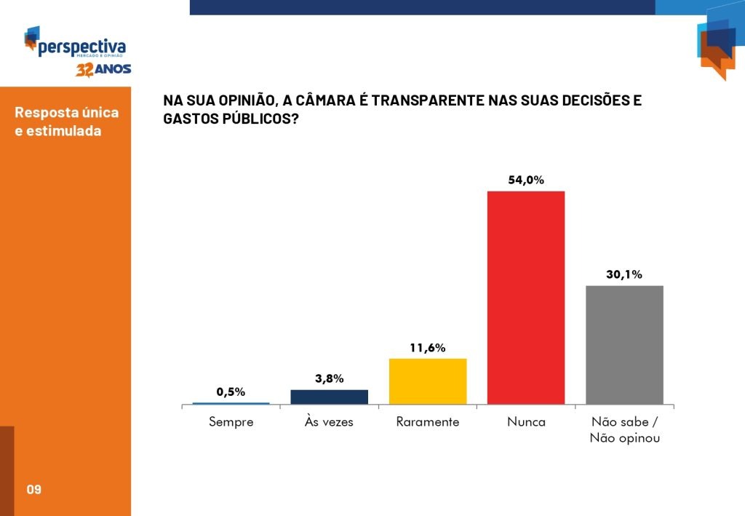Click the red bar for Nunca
pos(526,298)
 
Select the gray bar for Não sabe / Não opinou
pos(624,345)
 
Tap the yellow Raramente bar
pos(428,381)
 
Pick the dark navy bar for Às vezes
pos(329,397)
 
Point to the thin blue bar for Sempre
pos(231,403)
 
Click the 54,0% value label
pos(526,180)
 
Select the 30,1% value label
pos(624,274)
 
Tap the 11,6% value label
pos(428,348)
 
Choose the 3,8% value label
pos(329,378)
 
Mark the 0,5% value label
pos(231,392)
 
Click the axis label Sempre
pos(231,421)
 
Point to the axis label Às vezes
pos(329,421)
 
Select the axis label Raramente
pos(428,421)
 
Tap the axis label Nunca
pos(526,421)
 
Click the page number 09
pos(33,489)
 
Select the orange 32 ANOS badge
pos(103,70)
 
